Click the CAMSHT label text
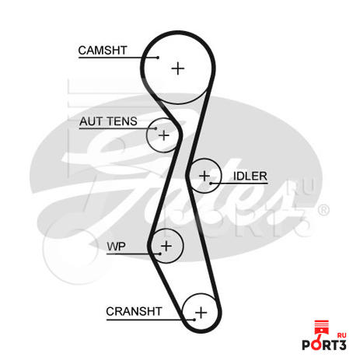103,51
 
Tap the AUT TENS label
108,121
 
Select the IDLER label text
250,177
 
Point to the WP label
116,247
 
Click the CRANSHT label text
134,311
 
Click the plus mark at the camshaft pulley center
178,68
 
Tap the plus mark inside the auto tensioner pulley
164,135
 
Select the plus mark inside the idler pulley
204,176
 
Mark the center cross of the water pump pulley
166,246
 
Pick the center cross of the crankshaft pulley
201,313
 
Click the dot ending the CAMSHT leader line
158,58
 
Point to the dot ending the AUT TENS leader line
156,128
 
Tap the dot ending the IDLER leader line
211,184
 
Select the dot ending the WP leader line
160,254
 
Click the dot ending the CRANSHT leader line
194,320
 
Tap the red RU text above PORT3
341,335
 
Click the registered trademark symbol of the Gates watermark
323,210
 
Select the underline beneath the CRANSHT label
150,320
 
